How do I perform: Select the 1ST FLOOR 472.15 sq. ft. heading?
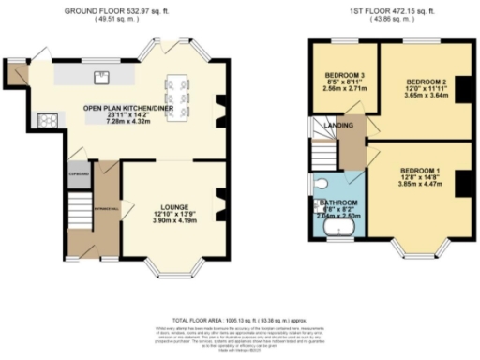pyautogui.click(x=385, y=9)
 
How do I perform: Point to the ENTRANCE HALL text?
pyautogui.click(x=107, y=208)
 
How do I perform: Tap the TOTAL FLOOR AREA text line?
pyautogui.click(x=239, y=319)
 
